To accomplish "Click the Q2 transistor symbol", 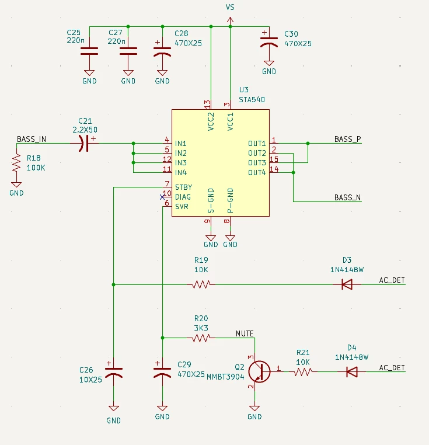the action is pyautogui.click(x=259, y=371).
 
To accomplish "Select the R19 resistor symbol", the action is pyautogui.click(x=201, y=284).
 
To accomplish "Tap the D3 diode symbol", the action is pyautogui.click(x=347, y=284).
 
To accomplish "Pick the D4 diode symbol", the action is pyautogui.click(x=352, y=372).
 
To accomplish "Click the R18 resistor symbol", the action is pyautogui.click(x=16, y=162).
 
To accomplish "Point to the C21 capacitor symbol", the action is pyautogui.click(x=84, y=143).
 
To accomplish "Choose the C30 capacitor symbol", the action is pyautogui.click(x=269, y=41).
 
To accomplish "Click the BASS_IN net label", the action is pyautogui.click(x=31, y=139).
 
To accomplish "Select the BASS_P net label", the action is pyautogui.click(x=347, y=139).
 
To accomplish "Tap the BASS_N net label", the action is pyautogui.click(x=347, y=197).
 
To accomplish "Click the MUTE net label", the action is pyautogui.click(x=245, y=333).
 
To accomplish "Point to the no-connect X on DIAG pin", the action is pyautogui.click(x=162, y=197).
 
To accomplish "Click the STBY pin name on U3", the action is pyautogui.click(x=184, y=187).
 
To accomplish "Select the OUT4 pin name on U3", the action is pyautogui.click(x=257, y=172).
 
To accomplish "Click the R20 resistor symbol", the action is pyautogui.click(x=201, y=338).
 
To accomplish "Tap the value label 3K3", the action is pyautogui.click(x=201, y=328).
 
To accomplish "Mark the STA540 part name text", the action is pyautogui.click(x=252, y=100).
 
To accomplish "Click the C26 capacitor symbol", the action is pyautogui.click(x=113, y=372).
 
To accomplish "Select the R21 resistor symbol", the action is pyautogui.click(x=303, y=372).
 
